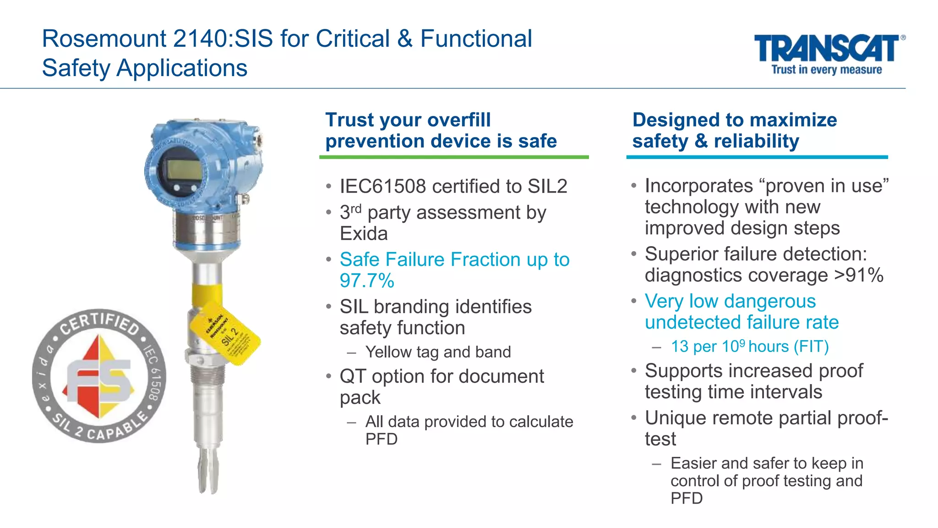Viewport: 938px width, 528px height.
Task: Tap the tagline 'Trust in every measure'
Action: click(x=827, y=70)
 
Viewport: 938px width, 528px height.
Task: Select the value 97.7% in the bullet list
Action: click(x=366, y=280)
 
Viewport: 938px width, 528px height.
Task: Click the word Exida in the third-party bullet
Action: click(x=364, y=234)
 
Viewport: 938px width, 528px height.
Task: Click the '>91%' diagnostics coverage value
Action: click(x=859, y=275)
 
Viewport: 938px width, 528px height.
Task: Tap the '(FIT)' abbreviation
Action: click(x=811, y=346)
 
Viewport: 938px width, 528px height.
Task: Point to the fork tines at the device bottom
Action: click(x=208, y=472)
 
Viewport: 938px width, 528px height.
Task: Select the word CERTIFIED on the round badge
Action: click(x=100, y=323)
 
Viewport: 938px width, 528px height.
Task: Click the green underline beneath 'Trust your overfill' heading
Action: click(x=453, y=157)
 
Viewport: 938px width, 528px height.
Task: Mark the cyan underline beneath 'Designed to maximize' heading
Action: click(x=757, y=157)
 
